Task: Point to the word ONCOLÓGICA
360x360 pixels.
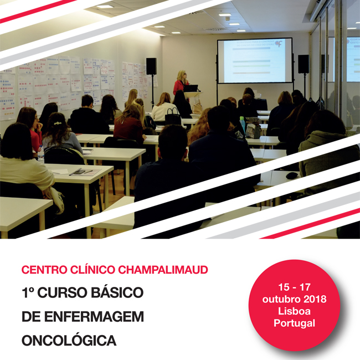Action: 69,340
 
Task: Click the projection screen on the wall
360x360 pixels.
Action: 254,60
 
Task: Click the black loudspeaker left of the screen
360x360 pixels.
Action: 151,66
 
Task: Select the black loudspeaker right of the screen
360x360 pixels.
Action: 304,64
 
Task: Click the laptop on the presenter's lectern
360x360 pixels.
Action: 191,88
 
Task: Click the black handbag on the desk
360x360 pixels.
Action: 173,116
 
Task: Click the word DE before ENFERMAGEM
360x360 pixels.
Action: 30,316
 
